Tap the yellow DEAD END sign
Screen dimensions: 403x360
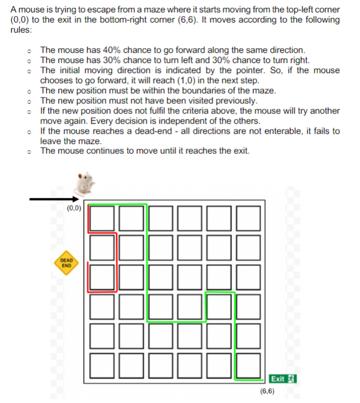66,263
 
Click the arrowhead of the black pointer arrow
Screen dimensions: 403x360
76,198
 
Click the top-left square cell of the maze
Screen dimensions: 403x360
101,218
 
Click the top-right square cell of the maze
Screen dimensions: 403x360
248,218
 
